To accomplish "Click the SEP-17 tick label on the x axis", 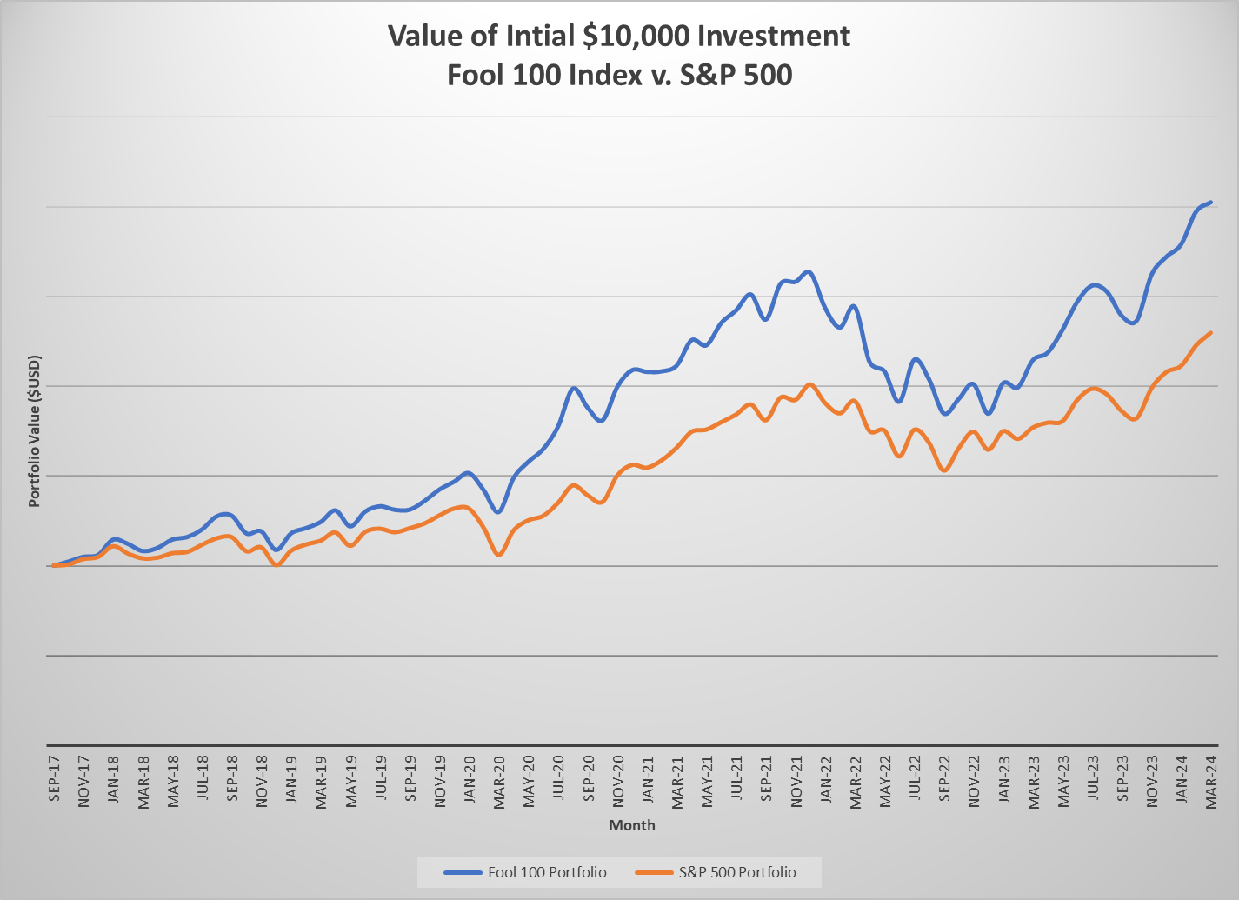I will click(x=54, y=781).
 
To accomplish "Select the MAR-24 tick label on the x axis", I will click(x=1211, y=782).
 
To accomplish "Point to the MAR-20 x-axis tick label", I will click(x=499, y=782).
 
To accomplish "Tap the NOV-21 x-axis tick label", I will click(x=796, y=782).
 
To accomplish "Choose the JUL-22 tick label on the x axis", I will click(x=915, y=782).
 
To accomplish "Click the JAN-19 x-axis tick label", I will click(x=291, y=782).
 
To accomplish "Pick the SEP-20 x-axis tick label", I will click(x=589, y=782).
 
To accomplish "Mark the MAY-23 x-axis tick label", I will click(x=1062, y=782).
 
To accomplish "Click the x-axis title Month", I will click(x=632, y=825).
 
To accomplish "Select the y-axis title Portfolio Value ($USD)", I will click(x=35, y=430).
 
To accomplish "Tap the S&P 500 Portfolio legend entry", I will click(x=715, y=872).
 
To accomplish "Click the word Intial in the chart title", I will click(x=534, y=36).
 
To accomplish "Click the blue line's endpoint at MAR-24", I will click(x=1210, y=203).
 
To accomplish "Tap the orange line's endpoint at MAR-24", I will click(x=1210, y=332).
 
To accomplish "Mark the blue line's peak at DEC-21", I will click(x=809, y=272).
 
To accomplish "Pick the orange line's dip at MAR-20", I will click(x=498, y=554).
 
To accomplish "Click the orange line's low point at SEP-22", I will click(x=944, y=470).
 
